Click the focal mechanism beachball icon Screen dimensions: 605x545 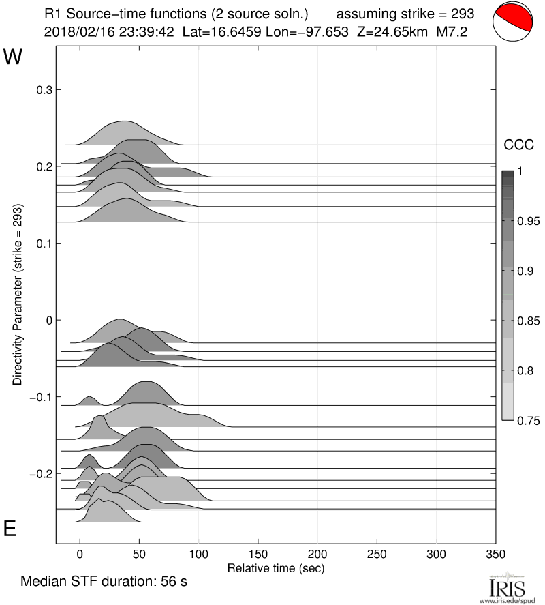(513, 23)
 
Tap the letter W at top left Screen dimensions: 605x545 (13, 57)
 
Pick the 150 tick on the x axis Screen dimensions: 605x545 (258, 553)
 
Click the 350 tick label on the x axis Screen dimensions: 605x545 (495, 553)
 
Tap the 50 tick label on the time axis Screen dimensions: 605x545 (139, 553)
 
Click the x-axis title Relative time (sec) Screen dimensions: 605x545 (275, 567)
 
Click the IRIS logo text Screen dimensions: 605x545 (503, 587)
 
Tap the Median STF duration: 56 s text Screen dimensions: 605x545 (104, 582)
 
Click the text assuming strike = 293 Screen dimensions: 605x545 (405, 13)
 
